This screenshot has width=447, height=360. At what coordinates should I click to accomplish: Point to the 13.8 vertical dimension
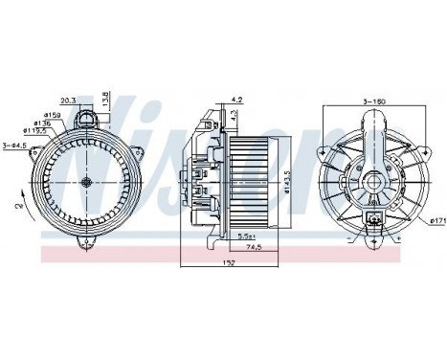point(106,99)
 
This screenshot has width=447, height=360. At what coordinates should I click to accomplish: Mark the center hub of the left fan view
point(87,181)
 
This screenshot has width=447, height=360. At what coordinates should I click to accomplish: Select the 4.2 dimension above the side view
point(237,99)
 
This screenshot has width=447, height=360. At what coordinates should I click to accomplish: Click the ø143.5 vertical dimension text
point(288,181)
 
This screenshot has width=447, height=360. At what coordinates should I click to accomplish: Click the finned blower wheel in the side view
point(253,181)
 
